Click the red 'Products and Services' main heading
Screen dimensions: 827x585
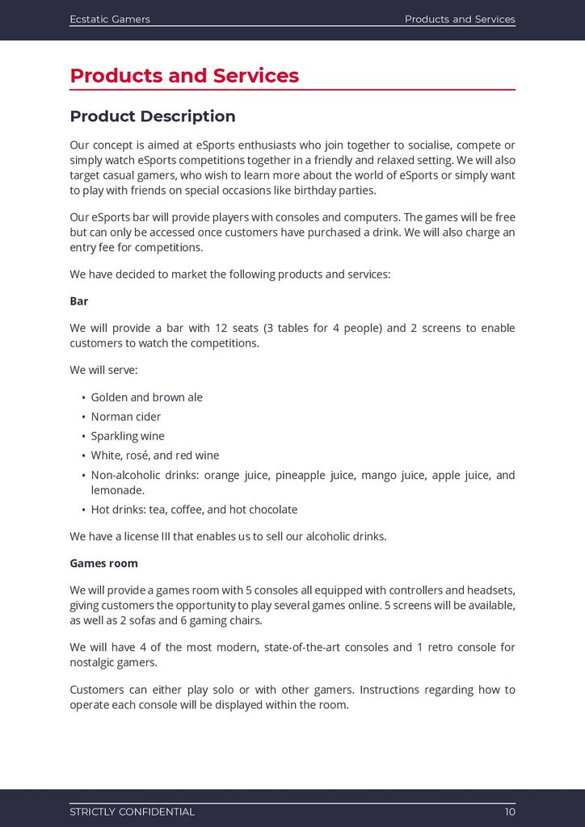[184, 76]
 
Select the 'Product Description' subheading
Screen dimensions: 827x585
[153, 116]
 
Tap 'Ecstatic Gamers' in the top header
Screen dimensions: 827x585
[110, 19]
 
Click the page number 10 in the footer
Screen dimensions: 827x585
[509, 812]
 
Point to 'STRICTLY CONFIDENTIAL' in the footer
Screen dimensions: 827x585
[132, 812]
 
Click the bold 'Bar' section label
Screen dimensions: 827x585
[79, 301]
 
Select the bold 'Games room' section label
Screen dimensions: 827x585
[103, 563]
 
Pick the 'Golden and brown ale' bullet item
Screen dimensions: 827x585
[146, 397]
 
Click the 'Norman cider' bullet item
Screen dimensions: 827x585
[125, 417]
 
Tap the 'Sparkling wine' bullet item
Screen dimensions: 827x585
[128, 436]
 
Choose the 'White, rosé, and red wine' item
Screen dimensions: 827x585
[154, 455]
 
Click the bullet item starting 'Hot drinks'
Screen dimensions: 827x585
[194, 510]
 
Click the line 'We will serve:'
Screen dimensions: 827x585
[103, 371]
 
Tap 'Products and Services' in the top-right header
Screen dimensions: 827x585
[459, 19]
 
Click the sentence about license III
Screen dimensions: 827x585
[228, 536]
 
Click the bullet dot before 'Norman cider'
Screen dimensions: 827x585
[84, 418]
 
